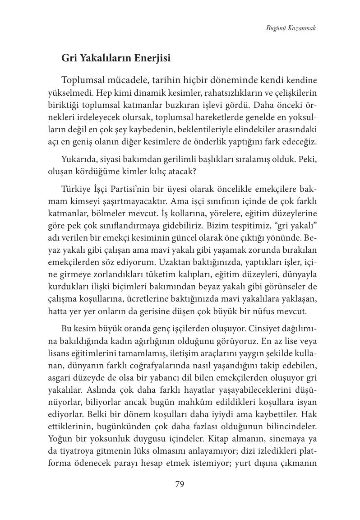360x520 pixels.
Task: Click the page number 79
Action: point(180,484)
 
